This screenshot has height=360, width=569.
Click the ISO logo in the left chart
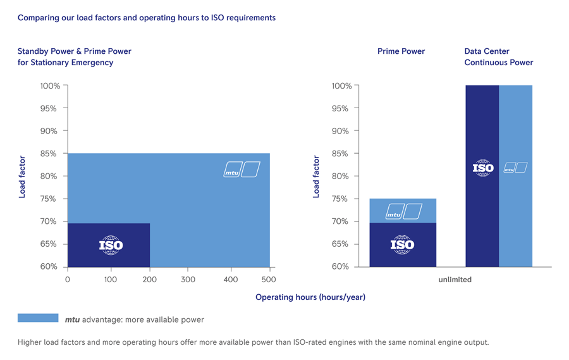click(x=111, y=245)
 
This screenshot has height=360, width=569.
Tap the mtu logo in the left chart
click(x=242, y=170)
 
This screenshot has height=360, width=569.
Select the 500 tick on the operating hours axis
click(x=269, y=280)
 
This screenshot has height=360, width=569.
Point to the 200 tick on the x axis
click(x=149, y=280)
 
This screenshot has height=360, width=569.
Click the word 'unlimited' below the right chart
click(x=455, y=280)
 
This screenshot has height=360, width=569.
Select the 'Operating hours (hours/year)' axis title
click(x=310, y=297)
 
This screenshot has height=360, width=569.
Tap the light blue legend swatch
click(x=37, y=318)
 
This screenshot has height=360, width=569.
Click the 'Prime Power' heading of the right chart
click(x=401, y=51)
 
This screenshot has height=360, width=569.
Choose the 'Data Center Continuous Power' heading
click(x=498, y=57)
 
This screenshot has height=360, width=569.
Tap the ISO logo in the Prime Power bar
click(x=402, y=244)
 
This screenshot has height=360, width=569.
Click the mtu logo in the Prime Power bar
click(x=404, y=211)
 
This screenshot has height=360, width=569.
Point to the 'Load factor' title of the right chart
click(x=316, y=177)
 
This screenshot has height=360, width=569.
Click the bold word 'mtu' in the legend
click(x=72, y=320)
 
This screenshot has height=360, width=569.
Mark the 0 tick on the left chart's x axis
click(x=68, y=280)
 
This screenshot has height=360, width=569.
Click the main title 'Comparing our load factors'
click(x=146, y=18)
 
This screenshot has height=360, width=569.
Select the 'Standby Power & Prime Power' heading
click(x=74, y=51)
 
